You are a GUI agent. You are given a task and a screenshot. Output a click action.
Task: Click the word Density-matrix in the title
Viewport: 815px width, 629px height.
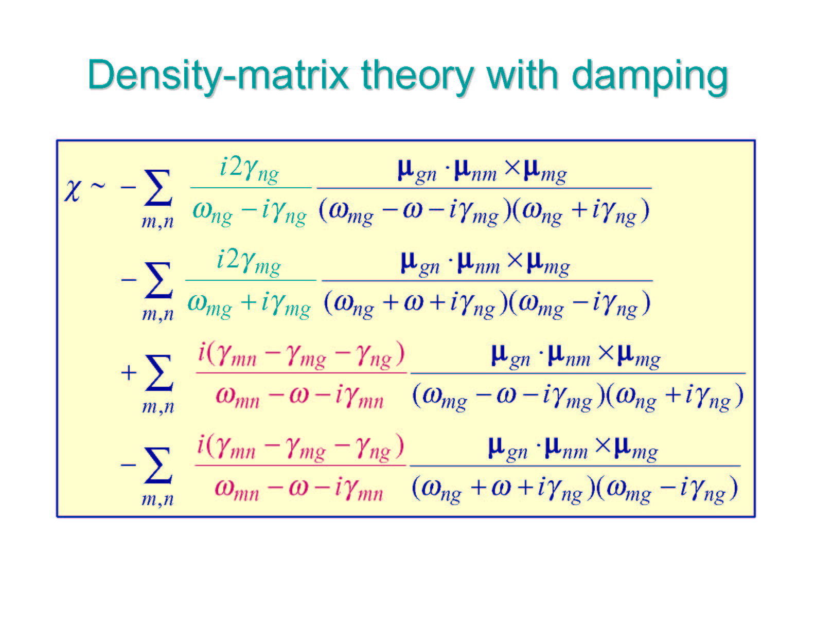pyautogui.click(x=218, y=76)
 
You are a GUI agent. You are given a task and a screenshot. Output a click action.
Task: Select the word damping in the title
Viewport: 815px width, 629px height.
pyautogui.click(x=650, y=77)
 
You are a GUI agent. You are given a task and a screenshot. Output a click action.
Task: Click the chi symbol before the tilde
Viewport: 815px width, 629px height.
pyautogui.click(x=73, y=190)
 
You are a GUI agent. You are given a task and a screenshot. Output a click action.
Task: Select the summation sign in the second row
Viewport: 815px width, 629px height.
pyautogui.click(x=158, y=280)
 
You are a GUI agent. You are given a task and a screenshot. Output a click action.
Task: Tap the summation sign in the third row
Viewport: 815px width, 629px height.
pyautogui.click(x=159, y=373)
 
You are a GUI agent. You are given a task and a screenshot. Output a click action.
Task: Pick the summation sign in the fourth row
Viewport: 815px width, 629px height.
pyautogui.click(x=158, y=465)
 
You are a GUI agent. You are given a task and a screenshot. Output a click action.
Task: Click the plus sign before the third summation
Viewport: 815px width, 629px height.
pyautogui.click(x=128, y=373)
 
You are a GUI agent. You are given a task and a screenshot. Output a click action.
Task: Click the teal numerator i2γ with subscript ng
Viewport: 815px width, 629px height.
pyautogui.click(x=250, y=171)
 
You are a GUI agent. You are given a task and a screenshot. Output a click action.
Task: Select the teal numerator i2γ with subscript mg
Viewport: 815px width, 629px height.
pyautogui.click(x=249, y=263)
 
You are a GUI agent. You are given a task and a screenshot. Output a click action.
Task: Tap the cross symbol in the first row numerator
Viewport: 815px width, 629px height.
pyautogui.click(x=512, y=168)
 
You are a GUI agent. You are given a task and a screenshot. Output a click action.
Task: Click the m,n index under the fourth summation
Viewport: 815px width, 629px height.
pyautogui.click(x=157, y=499)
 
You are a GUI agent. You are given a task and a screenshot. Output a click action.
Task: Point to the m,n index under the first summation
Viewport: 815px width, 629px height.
pyautogui.click(x=157, y=222)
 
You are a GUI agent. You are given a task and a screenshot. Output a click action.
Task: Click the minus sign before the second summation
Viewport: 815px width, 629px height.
pyautogui.click(x=129, y=280)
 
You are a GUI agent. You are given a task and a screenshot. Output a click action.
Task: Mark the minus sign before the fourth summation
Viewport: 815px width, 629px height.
pyautogui.click(x=128, y=465)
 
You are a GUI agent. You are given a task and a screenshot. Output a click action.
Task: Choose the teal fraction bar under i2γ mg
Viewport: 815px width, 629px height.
pyautogui.click(x=251, y=280)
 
